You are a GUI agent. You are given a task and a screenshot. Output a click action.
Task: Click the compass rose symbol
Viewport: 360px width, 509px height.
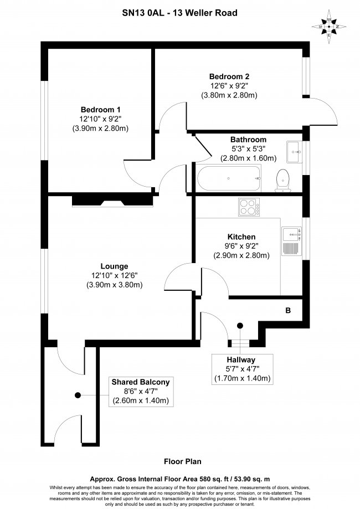(329, 27)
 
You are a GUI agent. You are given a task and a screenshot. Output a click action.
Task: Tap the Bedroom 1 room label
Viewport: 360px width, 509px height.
(101, 110)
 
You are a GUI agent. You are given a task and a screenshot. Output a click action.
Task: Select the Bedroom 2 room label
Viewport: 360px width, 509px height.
(229, 76)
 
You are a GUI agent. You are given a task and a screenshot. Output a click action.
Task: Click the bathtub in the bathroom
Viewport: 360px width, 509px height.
(229, 178)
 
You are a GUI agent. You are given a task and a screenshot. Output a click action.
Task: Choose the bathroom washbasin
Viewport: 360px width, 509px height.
(294, 152)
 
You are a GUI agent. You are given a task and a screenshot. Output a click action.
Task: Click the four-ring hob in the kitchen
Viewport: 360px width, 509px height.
(249, 207)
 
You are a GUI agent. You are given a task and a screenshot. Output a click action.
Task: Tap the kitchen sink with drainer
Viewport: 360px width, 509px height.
(291, 240)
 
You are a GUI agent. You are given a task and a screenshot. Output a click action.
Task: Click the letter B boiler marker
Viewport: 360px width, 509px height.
(288, 311)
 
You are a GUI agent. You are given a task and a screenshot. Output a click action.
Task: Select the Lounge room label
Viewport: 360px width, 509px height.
(114, 266)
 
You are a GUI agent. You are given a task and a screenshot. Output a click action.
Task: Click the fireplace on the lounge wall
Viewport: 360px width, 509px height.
(112, 200)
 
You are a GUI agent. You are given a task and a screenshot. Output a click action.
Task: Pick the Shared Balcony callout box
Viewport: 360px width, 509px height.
(141, 392)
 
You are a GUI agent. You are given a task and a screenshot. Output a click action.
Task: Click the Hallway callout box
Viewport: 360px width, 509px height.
(242, 369)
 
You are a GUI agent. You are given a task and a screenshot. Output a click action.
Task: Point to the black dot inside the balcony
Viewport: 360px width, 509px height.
(78, 395)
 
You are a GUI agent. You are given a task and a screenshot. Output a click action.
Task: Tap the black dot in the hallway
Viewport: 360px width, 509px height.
(240, 326)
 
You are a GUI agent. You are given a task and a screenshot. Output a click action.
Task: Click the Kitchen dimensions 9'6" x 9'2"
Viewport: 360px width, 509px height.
(241, 246)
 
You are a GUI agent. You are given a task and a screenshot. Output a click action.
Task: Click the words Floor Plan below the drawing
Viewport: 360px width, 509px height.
(182, 461)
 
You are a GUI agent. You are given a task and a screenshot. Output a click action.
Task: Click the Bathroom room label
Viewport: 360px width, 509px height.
(248, 140)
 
